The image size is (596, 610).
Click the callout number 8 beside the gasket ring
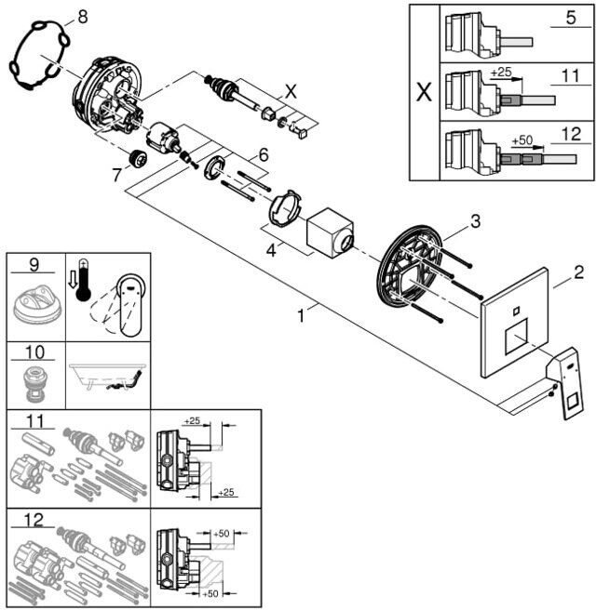(x=83, y=17)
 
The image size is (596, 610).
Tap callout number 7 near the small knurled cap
(x=116, y=175)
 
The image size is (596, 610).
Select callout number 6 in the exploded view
(x=264, y=155)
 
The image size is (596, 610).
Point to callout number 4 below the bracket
(x=271, y=250)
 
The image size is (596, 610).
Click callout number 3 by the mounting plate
(x=476, y=221)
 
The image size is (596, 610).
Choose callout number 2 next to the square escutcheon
(x=579, y=272)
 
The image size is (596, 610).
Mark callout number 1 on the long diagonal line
(x=301, y=315)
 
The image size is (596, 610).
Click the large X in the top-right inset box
(x=425, y=93)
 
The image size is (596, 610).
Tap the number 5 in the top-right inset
(x=571, y=18)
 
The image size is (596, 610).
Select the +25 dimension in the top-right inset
(x=501, y=72)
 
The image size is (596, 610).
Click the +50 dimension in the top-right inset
(x=522, y=140)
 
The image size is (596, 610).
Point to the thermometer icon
(x=84, y=280)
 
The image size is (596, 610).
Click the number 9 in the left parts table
(x=34, y=265)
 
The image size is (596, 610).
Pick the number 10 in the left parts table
(x=34, y=352)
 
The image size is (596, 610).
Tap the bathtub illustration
(x=106, y=377)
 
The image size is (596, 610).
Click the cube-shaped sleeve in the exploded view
(x=331, y=232)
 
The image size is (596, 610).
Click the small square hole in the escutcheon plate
(x=516, y=311)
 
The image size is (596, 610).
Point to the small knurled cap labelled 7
(x=138, y=158)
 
